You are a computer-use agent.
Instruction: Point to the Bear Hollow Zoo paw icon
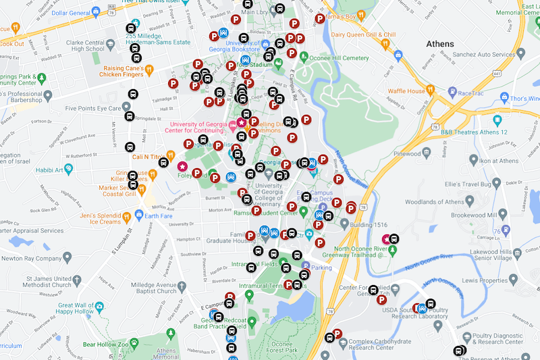[x=134, y=344]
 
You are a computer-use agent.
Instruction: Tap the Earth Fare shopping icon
[x=140, y=215]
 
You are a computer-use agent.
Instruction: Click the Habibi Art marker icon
[x=68, y=170]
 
